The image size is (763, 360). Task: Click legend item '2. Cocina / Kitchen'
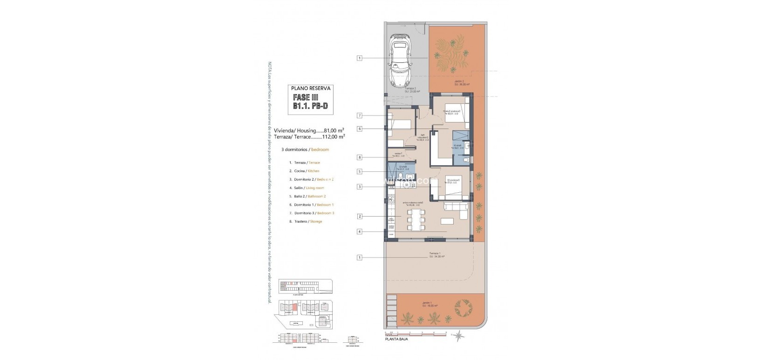(304, 171)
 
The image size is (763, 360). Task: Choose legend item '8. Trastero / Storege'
(306, 221)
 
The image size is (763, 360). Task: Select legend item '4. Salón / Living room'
(307, 188)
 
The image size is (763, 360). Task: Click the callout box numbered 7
(360, 115)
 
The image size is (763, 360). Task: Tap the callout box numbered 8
(360, 157)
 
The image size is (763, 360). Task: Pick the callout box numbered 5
(360, 171)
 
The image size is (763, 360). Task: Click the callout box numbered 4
(360, 231)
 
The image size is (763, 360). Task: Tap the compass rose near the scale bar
(459, 334)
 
